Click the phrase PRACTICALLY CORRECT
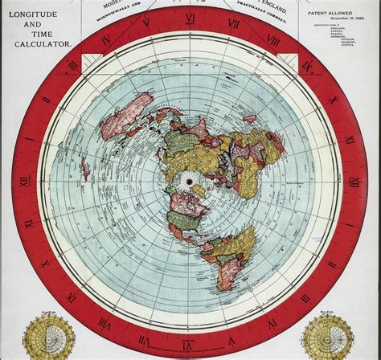pos(268,14)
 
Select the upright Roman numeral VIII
pos(273,38)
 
